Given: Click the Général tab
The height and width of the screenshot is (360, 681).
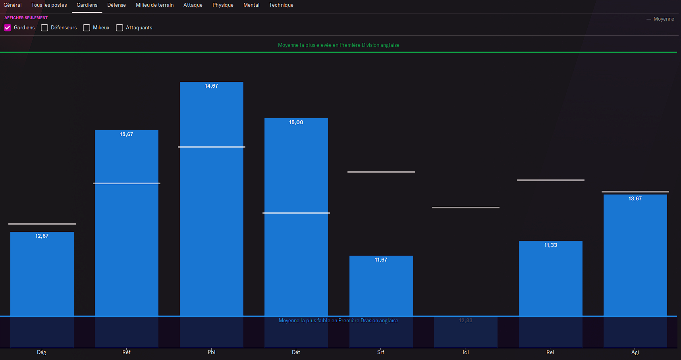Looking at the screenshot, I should click(x=13, y=5).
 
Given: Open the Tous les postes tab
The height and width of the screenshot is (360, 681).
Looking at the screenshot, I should click(x=49, y=5).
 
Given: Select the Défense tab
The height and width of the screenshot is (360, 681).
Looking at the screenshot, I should click(x=116, y=5).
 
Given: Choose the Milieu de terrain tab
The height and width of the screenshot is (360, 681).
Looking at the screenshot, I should click(x=154, y=5).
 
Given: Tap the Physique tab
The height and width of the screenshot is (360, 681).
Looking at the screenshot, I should click(x=223, y=5).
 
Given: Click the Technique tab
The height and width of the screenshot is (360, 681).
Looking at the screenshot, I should click(x=281, y=5).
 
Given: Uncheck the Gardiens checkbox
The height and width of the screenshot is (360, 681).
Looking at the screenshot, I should click(x=8, y=28).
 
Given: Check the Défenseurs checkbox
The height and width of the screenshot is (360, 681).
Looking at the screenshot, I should click(x=44, y=28).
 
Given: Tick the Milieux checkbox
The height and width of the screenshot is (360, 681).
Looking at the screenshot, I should click(x=87, y=28).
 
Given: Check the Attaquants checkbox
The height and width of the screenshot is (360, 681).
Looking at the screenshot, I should click(x=120, y=28).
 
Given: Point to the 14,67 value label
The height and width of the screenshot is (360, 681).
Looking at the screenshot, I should click(x=211, y=86).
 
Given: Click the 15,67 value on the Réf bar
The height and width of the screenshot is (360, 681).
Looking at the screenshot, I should click(x=126, y=135).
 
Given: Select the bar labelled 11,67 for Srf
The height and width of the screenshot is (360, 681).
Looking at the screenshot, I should click(x=381, y=286).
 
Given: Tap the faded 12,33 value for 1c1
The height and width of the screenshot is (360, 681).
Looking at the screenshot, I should click(x=465, y=321).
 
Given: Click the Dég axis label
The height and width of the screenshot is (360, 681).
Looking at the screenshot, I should click(x=42, y=352).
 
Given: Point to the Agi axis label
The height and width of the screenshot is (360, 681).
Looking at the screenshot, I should click(x=635, y=352).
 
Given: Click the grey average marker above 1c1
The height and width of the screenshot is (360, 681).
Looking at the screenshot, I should click(x=465, y=208).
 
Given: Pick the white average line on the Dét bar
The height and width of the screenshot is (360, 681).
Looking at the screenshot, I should click(x=296, y=213).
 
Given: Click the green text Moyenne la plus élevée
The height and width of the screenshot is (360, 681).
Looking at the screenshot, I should click(x=338, y=45).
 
